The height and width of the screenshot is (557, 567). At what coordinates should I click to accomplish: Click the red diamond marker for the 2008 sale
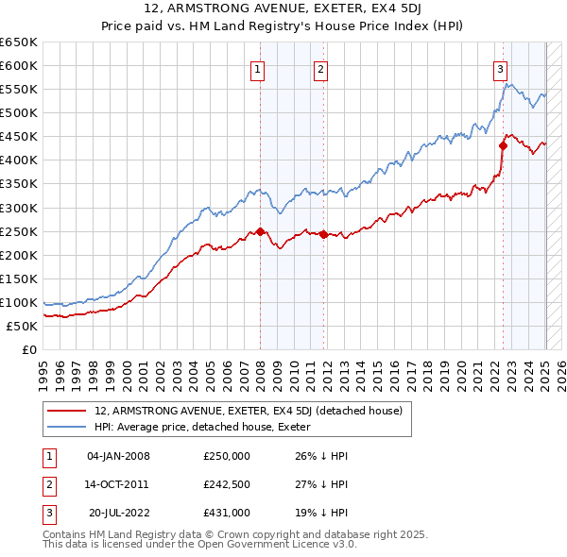pyautogui.click(x=260, y=231)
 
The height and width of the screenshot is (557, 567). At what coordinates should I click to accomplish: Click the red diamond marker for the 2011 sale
pyautogui.click(x=323, y=234)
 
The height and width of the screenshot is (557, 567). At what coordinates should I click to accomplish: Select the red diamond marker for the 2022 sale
pyautogui.click(x=503, y=145)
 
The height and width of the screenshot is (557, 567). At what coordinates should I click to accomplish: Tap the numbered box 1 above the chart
pyautogui.click(x=258, y=68)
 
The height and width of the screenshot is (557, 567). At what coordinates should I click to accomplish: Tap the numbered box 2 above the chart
pyautogui.click(x=321, y=68)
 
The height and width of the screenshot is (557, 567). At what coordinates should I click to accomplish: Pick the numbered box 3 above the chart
pyautogui.click(x=500, y=68)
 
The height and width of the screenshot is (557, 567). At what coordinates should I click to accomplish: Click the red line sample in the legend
pyautogui.click(x=67, y=411)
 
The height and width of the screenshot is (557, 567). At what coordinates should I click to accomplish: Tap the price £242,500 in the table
pyautogui.click(x=226, y=484)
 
